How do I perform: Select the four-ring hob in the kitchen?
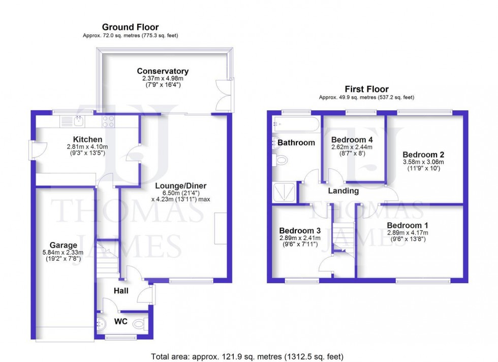click(x=108, y=121)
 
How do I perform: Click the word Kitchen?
click(x=87, y=139)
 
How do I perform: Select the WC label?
click(x=121, y=322)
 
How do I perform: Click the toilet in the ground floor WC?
click(x=143, y=322)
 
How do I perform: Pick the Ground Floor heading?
click(x=130, y=27)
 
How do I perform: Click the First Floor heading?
click(x=366, y=89)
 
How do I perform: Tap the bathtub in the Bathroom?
click(x=295, y=124)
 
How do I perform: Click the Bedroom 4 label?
click(x=352, y=140)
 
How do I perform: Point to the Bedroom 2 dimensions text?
click(x=424, y=165)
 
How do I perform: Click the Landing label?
click(x=343, y=191)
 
